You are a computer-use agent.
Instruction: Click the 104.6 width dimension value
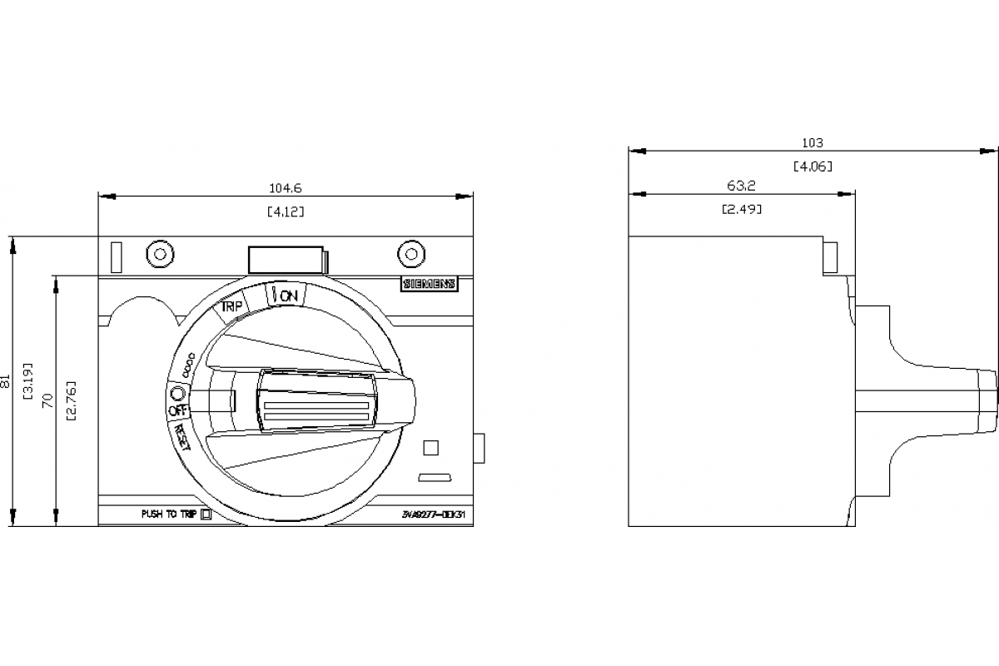pyautogui.click(x=286, y=189)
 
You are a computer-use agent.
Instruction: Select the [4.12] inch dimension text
pyautogui.click(x=286, y=211)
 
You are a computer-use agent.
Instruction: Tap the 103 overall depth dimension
pyautogui.click(x=812, y=143)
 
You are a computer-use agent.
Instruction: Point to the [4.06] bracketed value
pyautogui.click(x=812, y=166)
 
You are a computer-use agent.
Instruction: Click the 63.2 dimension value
pyautogui.click(x=741, y=186)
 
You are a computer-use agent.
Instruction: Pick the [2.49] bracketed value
pyautogui.click(x=741, y=209)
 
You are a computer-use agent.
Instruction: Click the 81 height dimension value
pyautogui.click(x=7, y=382)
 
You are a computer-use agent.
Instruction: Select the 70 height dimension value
pyautogui.click(x=49, y=400)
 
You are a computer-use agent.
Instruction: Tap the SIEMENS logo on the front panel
pyautogui.click(x=430, y=284)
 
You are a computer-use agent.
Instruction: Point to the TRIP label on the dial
pyautogui.click(x=231, y=306)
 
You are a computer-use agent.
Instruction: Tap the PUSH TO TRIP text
pyautogui.click(x=169, y=514)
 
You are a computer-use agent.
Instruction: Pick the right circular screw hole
pyautogui.click(x=410, y=254)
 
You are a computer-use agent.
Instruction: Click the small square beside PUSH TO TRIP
pyautogui.click(x=207, y=514)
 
